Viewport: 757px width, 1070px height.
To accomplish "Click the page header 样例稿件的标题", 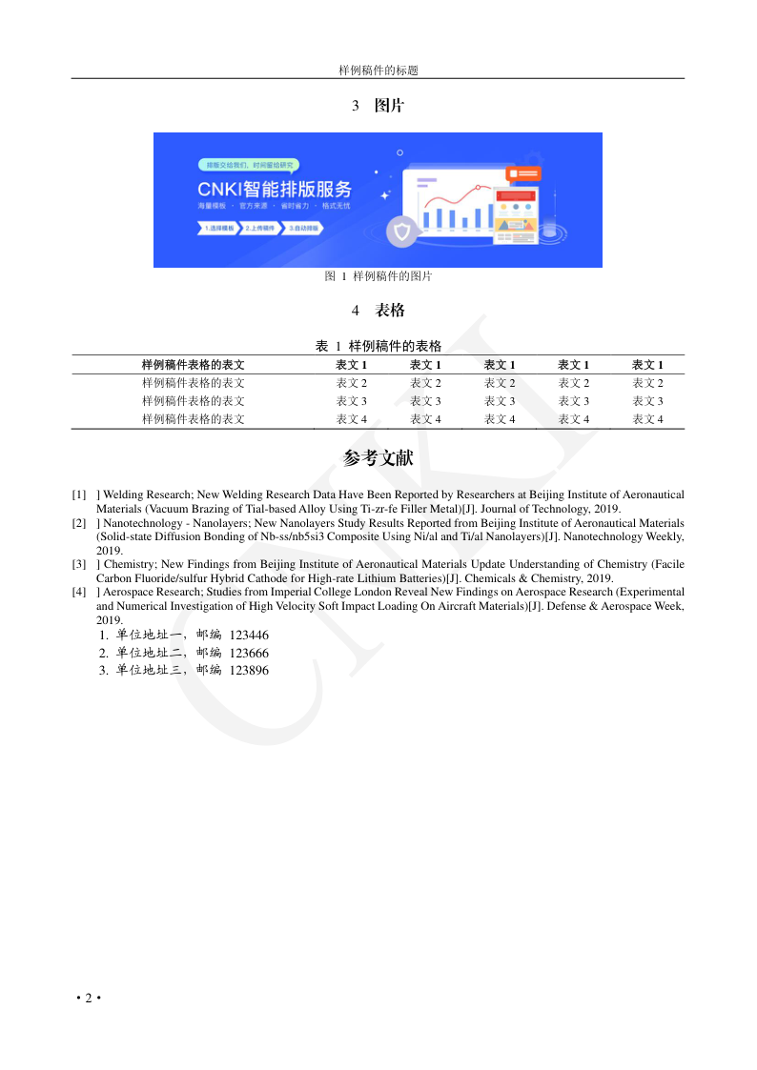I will (378, 71).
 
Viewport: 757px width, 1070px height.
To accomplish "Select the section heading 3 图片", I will (378, 106).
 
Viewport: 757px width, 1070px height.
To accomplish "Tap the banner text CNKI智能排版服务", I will (275, 188).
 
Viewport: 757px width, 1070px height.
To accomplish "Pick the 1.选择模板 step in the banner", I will (218, 229).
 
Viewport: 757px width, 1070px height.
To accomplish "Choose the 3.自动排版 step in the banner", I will (303, 229).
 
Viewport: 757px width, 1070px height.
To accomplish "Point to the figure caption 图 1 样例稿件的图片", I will (378, 276).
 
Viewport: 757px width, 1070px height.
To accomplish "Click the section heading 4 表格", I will (378, 311).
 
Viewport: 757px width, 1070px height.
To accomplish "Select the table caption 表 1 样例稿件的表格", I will (378, 345).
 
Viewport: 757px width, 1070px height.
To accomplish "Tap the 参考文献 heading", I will (378, 458).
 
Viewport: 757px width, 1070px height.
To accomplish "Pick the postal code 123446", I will (249, 636).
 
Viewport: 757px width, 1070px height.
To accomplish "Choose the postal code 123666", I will (249, 654).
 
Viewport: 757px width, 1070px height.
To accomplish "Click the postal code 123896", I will (249, 671).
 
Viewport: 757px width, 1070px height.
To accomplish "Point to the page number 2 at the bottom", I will (89, 998).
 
